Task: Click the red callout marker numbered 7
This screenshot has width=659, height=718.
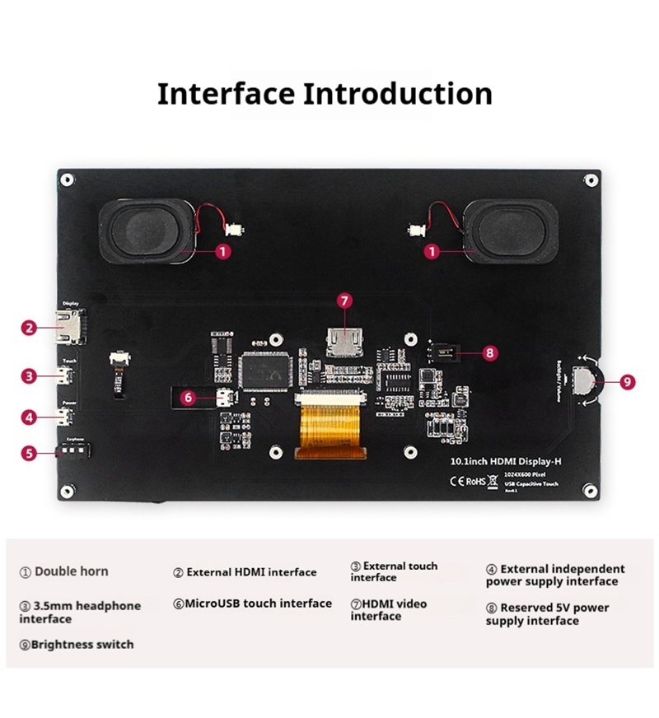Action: click(x=344, y=301)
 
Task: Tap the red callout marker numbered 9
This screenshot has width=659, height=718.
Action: click(x=627, y=381)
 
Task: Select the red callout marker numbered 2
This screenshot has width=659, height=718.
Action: click(x=30, y=328)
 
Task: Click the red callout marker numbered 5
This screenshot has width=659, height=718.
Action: click(x=30, y=452)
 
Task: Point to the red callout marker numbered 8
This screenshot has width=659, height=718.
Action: click(x=490, y=352)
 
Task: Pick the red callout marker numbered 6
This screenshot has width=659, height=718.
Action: click(x=188, y=397)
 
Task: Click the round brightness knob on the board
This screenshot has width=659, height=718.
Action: click(x=587, y=380)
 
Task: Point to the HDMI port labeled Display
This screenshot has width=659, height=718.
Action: click(x=69, y=327)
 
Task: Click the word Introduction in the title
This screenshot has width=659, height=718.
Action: click(x=398, y=93)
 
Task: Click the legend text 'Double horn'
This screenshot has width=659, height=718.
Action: click(x=71, y=571)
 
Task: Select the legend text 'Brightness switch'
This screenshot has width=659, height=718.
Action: click(x=82, y=644)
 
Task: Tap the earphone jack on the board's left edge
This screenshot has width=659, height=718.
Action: click(x=72, y=451)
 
